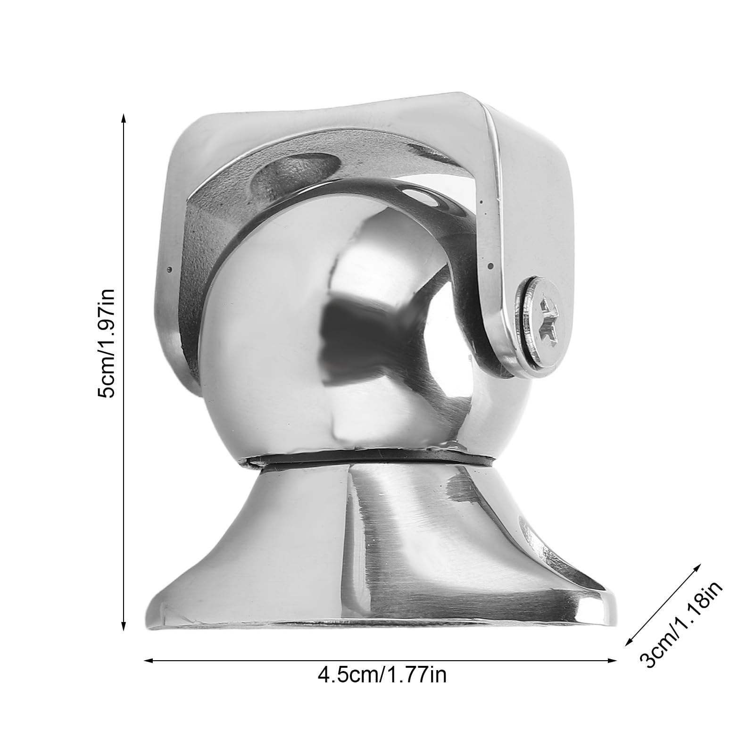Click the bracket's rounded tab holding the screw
tap(500, 330)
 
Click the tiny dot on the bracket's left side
tap(169, 269)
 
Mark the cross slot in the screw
tap(548, 315)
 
